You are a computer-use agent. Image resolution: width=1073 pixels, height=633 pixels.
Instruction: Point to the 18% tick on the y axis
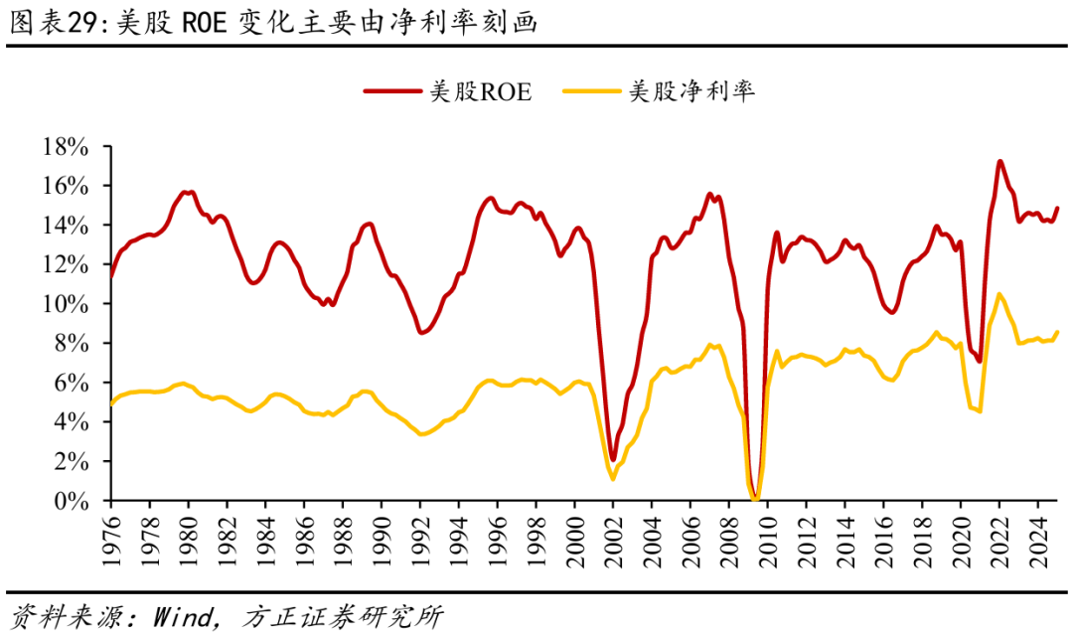click(67, 147)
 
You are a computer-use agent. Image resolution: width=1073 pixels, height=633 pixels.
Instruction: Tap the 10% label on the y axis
click(67, 304)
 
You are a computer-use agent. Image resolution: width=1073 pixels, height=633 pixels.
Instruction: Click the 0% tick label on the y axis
click(74, 502)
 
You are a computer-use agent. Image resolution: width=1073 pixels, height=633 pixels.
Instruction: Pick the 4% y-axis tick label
click(74, 422)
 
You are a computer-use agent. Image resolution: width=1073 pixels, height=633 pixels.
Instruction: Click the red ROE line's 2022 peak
click(999, 161)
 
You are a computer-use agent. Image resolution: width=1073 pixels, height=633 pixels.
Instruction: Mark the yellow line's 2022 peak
click(998, 294)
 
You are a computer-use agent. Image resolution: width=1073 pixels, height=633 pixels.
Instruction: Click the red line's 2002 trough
click(613, 459)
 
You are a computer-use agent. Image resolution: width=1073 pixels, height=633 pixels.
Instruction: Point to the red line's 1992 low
click(421, 332)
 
